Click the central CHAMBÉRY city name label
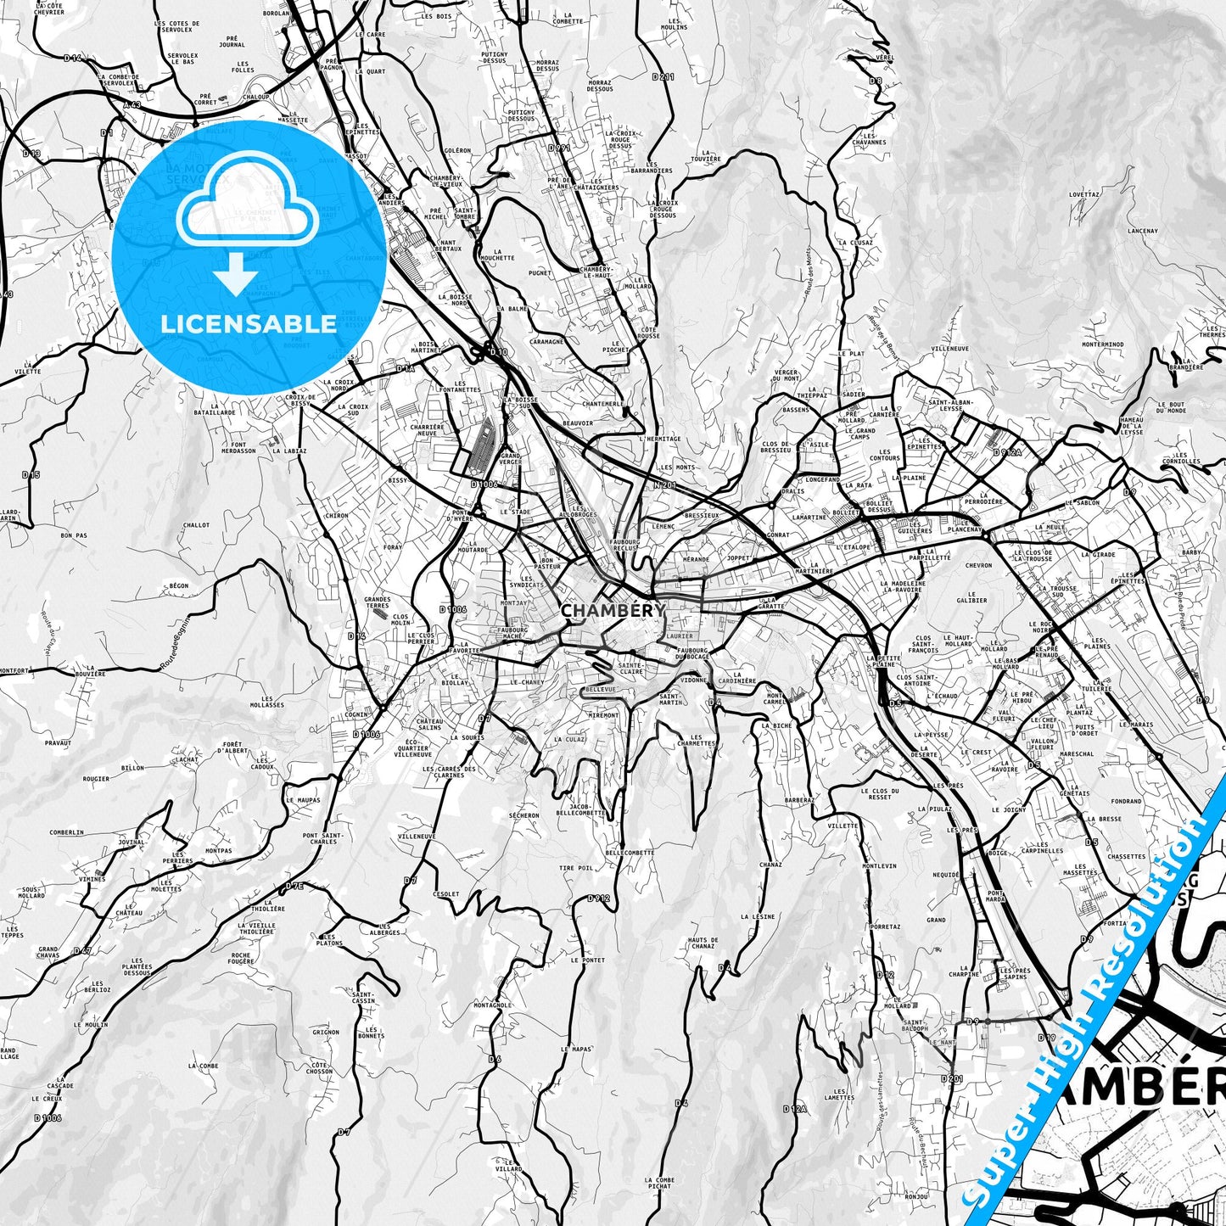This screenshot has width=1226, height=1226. coord(613,610)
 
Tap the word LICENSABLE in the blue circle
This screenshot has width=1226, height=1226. coord(249,323)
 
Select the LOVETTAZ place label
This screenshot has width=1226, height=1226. coord(1084,194)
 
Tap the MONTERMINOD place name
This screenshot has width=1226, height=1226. coord(1103,344)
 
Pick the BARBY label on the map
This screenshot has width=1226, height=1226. coord(1191,552)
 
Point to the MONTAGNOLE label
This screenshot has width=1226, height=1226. coord(492,1005)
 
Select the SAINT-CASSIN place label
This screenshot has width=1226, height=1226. coord(364,998)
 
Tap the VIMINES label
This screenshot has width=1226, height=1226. coord(94,879)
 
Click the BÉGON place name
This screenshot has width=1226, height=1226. coord(178,585)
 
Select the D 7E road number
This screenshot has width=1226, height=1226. coord(294,886)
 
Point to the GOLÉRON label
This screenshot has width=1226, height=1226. coord(457,150)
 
